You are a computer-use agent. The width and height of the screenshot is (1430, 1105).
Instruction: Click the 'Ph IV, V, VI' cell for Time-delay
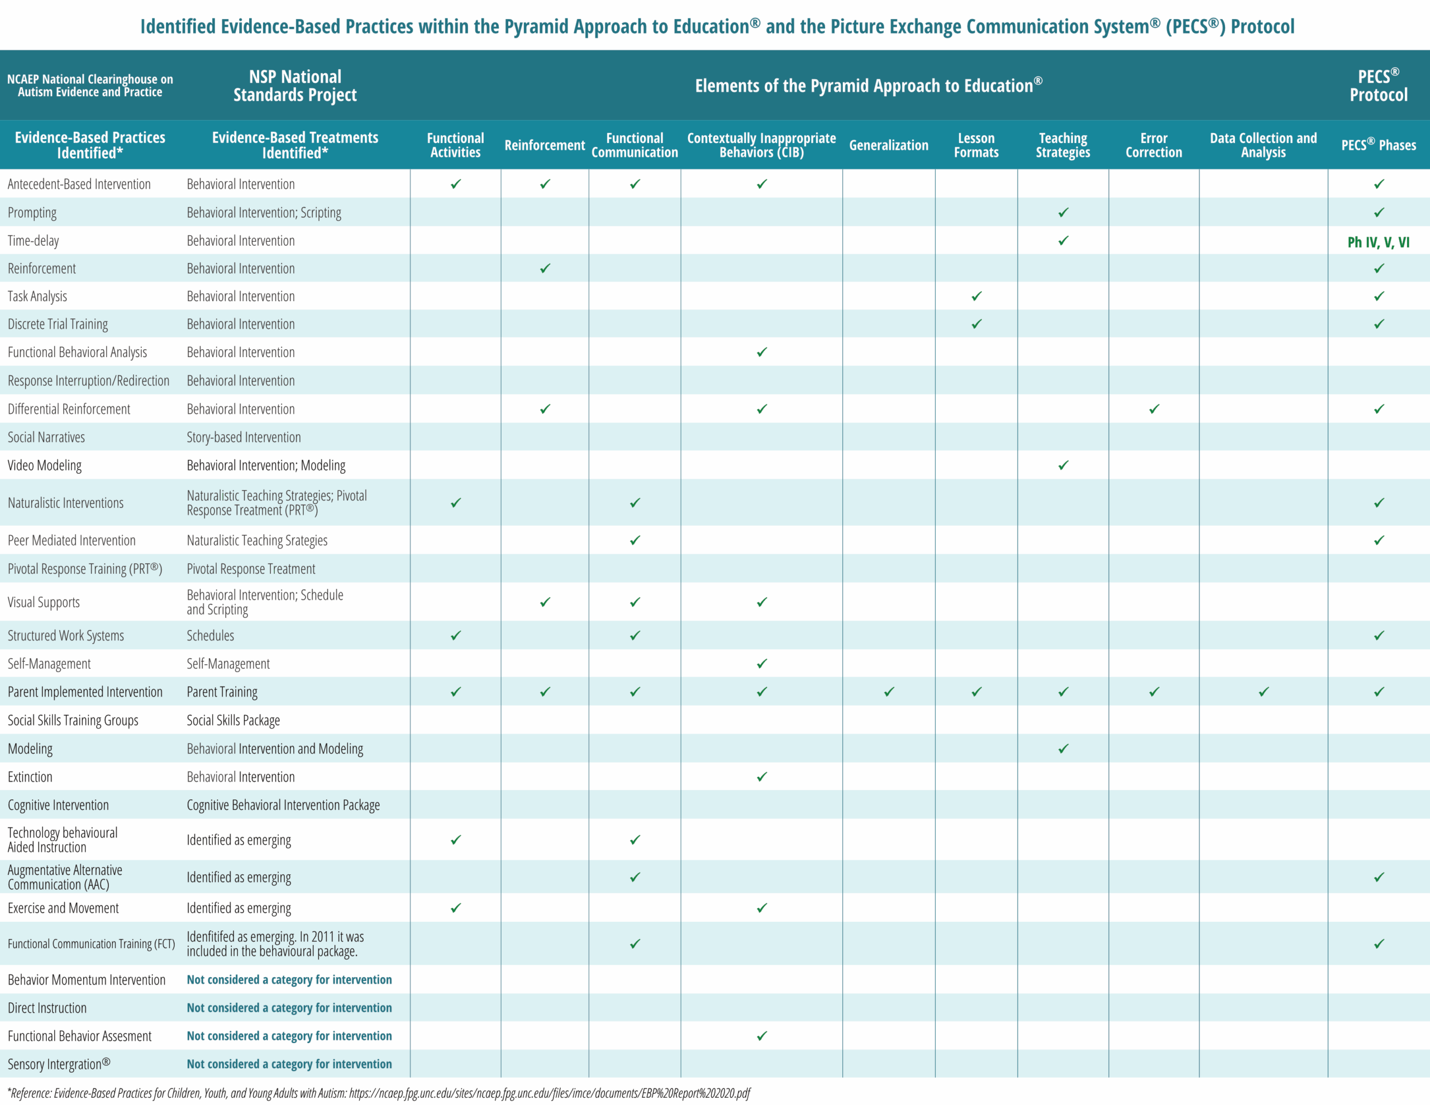point(1377,242)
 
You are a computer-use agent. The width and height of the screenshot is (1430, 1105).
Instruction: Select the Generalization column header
point(889,145)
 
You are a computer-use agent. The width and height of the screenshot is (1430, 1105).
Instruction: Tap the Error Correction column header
point(1153,145)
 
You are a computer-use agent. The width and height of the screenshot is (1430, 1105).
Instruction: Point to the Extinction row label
point(30,777)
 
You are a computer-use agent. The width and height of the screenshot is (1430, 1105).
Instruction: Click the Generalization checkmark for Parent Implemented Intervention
point(889,692)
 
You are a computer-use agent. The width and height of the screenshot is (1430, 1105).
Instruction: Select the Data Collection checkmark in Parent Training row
point(1263,692)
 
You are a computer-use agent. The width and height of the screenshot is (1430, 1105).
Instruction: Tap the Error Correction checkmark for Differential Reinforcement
point(1153,409)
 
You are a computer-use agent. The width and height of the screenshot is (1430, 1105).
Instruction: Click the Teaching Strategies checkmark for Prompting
point(1062,212)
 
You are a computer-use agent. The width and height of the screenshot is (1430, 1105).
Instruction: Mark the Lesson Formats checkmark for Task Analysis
point(976,296)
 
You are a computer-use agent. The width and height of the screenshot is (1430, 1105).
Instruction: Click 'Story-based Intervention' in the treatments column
point(244,437)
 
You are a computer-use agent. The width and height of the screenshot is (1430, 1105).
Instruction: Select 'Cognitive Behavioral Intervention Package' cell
point(283,805)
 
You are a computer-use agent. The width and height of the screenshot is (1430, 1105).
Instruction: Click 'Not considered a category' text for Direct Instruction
point(289,1007)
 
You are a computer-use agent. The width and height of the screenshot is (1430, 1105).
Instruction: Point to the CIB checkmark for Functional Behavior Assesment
point(761,1036)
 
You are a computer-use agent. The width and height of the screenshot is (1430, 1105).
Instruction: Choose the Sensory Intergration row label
point(58,1064)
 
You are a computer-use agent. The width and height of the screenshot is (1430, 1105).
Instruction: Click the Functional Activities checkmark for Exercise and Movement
point(456,908)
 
